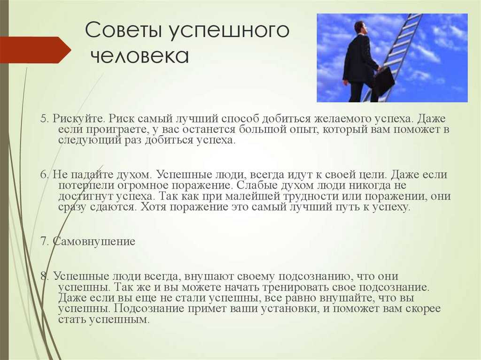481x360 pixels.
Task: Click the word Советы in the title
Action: coord(124,31)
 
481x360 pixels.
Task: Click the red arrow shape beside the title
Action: coord(35,50)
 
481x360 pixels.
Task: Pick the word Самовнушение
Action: coord(94,241)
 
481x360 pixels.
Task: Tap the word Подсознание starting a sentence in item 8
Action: coord(148,308)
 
